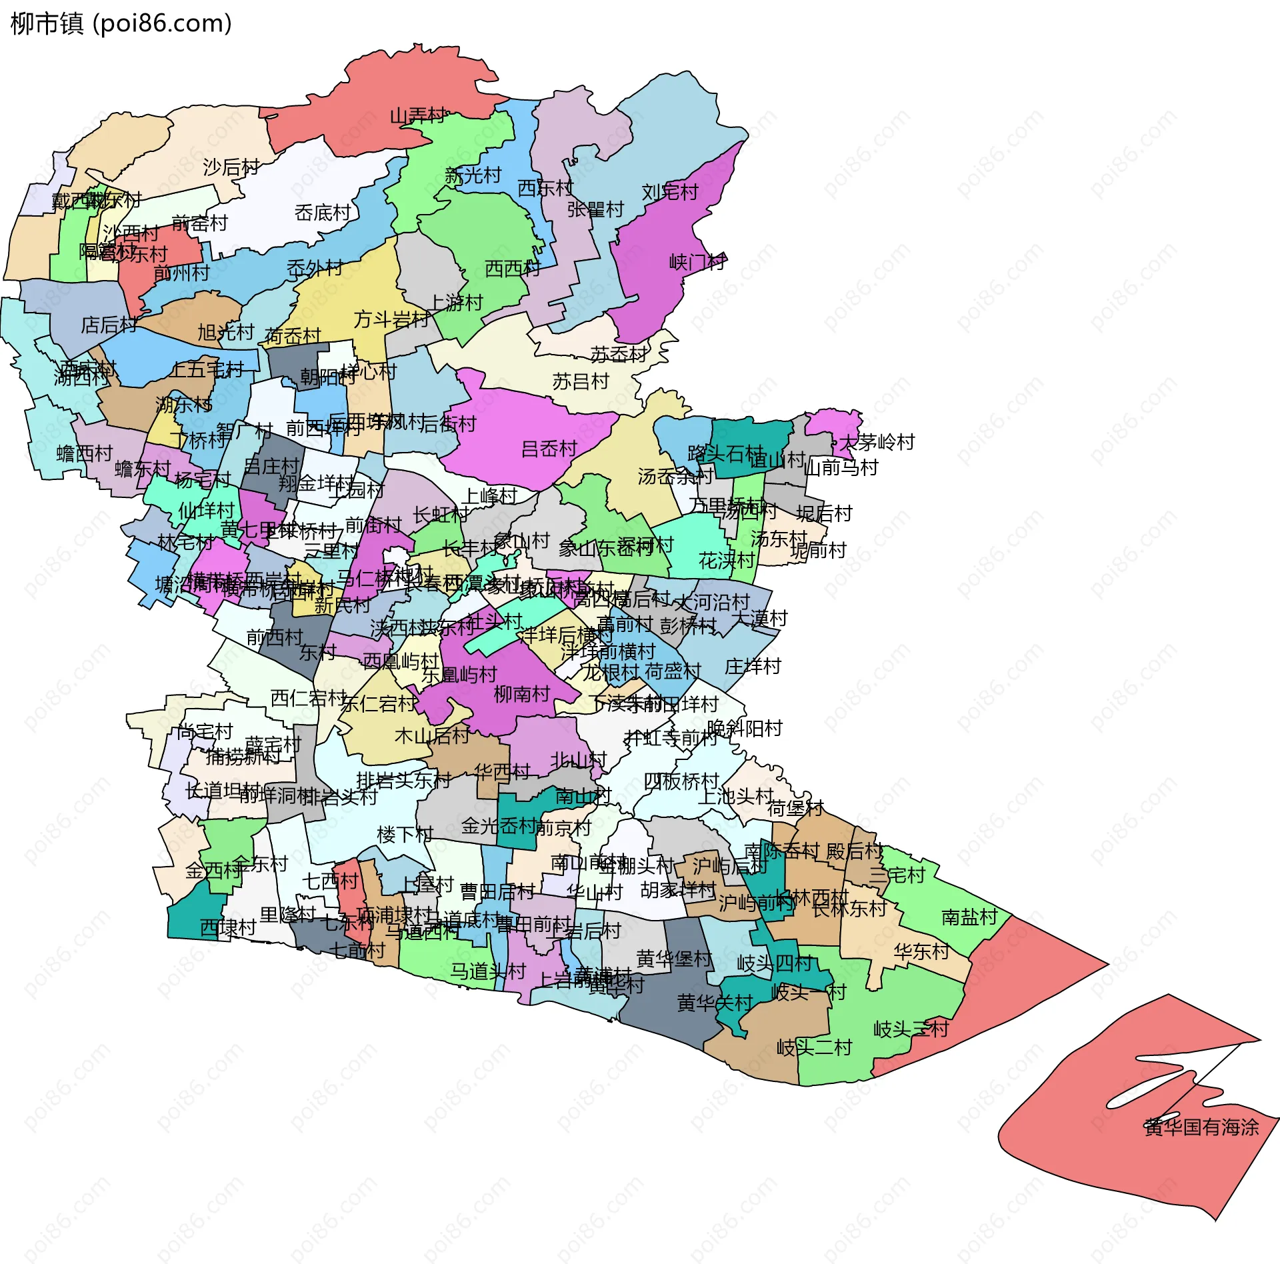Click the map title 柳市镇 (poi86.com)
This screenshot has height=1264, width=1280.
coord(121,24)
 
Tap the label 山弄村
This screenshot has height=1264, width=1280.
coord(418,116)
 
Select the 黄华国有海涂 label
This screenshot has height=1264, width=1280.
coord(1201,1127)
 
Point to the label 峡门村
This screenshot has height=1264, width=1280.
coord(697,262)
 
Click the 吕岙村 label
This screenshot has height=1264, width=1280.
coord(549,449)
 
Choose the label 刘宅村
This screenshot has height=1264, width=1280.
coord(669,192)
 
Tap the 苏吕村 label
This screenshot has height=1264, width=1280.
coord(581,381)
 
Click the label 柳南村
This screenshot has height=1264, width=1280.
coord(521,694)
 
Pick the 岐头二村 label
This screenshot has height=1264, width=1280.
coord(814,1047)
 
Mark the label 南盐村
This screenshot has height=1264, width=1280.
coord(969,917)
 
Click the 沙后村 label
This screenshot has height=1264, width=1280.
coord(231,167)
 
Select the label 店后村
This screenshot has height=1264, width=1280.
coord(109,325)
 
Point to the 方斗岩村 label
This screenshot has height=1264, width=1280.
coord(391,319)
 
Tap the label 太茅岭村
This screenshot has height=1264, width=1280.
coord(877,442)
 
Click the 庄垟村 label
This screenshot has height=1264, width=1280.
coord(752,666)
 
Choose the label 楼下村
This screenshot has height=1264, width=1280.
coord(405,834)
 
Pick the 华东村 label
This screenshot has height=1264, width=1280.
coord(921,951)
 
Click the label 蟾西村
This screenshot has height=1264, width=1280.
coord(85,453)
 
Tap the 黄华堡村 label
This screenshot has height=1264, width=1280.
coord(674,959)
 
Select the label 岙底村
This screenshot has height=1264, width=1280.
coord(323,213)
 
